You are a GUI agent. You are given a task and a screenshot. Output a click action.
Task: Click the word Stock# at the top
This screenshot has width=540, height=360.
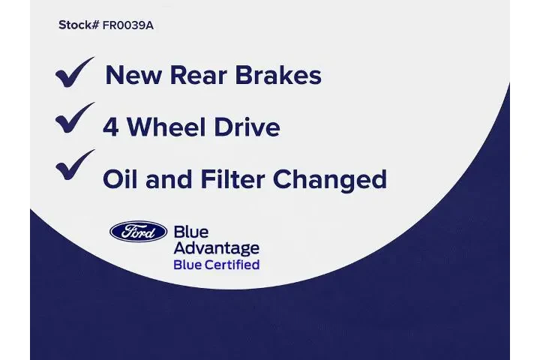pos(79,25)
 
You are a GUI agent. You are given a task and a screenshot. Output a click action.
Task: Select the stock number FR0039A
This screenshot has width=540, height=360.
pos(128,25)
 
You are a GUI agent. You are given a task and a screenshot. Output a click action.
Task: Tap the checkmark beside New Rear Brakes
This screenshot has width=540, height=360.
pos(74,73)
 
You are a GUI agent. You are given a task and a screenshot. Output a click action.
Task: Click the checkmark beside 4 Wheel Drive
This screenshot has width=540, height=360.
pos(74,119)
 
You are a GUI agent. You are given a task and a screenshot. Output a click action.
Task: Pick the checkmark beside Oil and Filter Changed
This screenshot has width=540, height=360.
pos(74,166)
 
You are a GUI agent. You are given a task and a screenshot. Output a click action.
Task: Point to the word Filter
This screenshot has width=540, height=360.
pos(231,179)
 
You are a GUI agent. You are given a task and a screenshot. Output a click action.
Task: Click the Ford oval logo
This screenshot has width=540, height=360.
pos(138,232)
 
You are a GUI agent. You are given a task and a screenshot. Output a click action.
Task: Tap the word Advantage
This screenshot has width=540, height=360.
pos(216,248)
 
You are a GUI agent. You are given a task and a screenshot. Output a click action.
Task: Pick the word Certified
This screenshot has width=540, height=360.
pos(233,265)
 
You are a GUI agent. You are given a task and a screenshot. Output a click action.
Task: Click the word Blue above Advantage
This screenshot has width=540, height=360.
pos(190,232)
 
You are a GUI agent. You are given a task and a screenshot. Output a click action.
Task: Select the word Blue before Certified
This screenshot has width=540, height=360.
pos(188,265)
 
